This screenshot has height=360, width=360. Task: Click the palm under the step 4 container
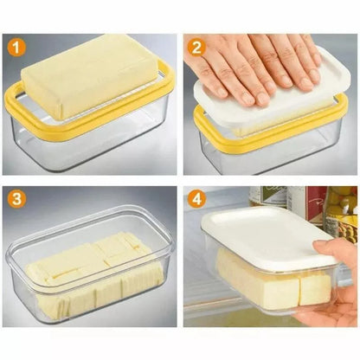333,299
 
